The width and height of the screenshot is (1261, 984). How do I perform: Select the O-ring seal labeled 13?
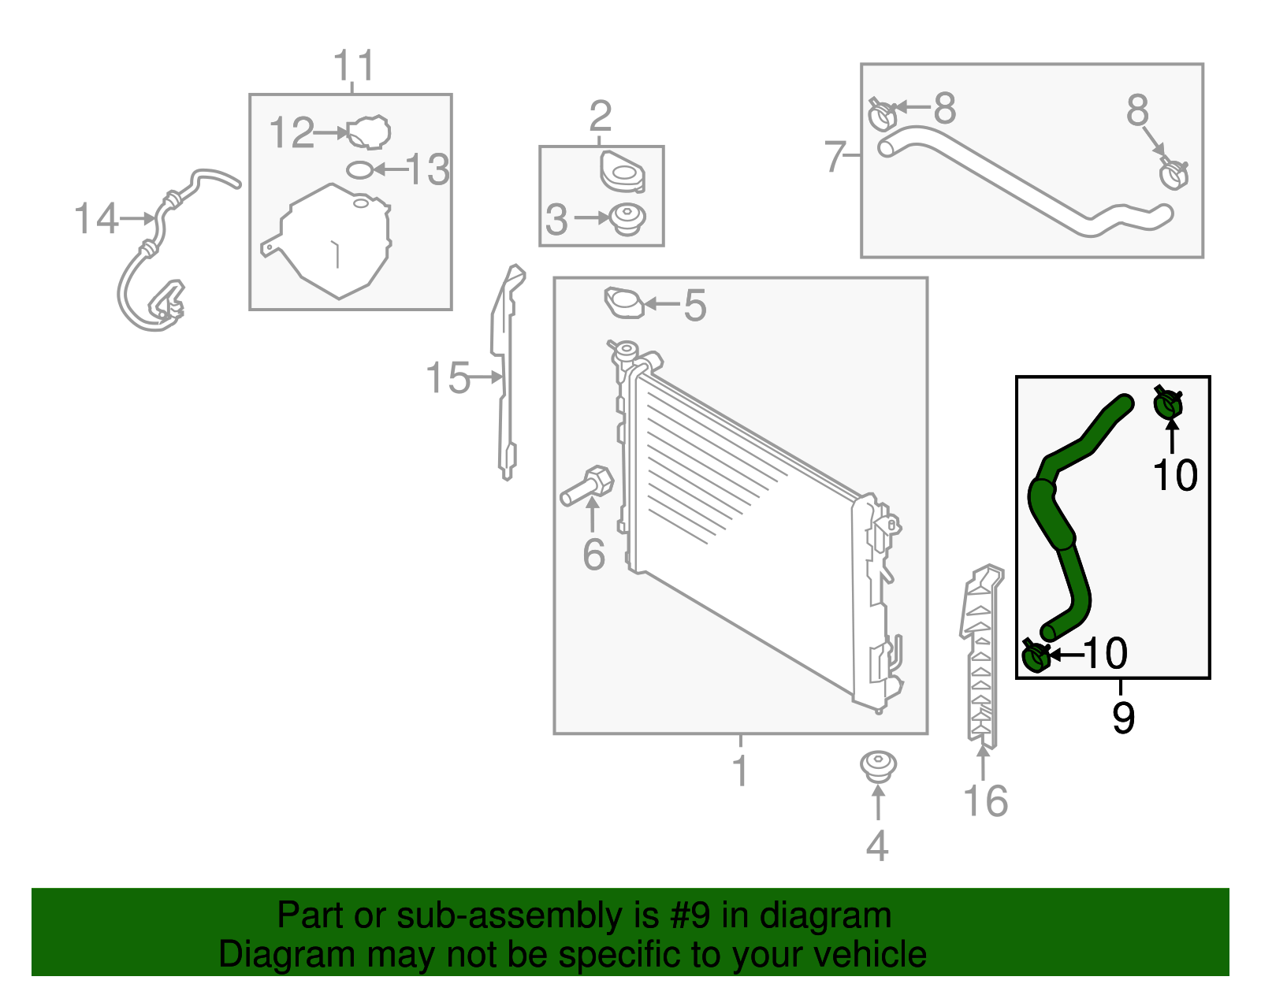tap(359, 169)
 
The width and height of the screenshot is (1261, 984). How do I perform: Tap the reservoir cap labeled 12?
tap(369, 132)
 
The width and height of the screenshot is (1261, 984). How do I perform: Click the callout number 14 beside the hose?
tap(96, 218)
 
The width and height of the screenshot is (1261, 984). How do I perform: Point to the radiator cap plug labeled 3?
tap(628, 218)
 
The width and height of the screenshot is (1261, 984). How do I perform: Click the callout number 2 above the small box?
tap(600, 117)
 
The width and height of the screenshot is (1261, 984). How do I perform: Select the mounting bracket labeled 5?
tap(623, 303)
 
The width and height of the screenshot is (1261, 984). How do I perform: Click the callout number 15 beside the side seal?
tap(448, 378)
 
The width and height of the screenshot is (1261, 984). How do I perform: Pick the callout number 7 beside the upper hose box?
tap(835, 156)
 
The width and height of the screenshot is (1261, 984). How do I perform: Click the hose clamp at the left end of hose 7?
tap(883, 115)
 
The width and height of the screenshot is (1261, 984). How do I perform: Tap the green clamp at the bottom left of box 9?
tap(1036, 656)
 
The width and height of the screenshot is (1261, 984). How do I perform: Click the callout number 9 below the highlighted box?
tap(1123, 716)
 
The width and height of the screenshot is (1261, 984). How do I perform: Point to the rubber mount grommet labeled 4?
tap(877, 766)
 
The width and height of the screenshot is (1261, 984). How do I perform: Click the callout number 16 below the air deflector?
tap(985, 801)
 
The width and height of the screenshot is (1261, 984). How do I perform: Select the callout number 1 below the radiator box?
tap(739, 770)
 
